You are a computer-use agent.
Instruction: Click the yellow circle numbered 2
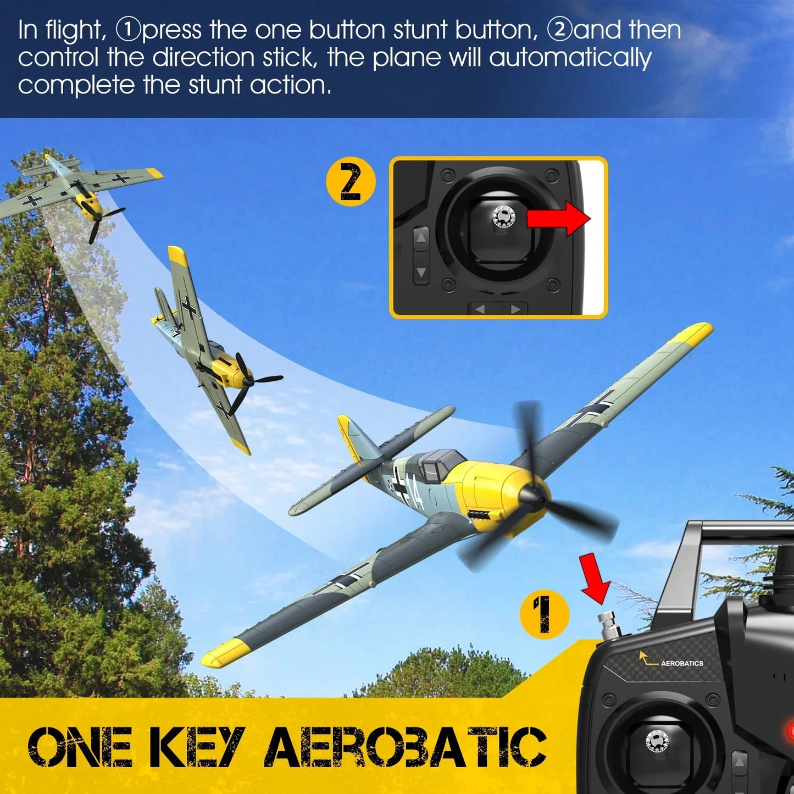coord(351,181)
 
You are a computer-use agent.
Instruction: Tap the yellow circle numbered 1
coord(544,614)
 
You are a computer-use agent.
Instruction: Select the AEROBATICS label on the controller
coord(681,663)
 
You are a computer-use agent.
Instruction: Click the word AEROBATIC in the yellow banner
coord(406,747)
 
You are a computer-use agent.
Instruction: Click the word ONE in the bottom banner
coord(80,747)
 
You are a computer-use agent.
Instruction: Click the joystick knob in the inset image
coord(502,217)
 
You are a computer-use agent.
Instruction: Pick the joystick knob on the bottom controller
coord(657,741)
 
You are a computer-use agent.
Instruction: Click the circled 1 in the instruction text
coord(128,30)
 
